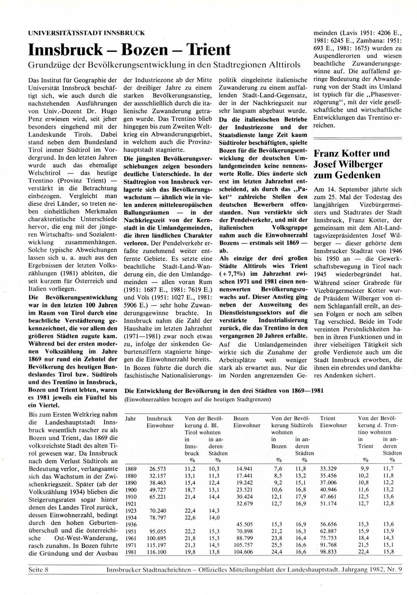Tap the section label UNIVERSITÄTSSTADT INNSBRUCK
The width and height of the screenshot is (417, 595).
click(x=86, y=33)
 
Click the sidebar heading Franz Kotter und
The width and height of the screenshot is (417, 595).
click(x=352, y=153)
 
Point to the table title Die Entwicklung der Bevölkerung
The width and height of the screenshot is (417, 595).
click(x=224, y=391)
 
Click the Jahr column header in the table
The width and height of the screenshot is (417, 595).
click(x=130, y=418)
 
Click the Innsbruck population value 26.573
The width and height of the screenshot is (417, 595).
click(x=158, y=469)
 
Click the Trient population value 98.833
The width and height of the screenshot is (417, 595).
click(x=328, y=552)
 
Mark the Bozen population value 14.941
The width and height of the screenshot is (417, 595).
click(x=244, y=469)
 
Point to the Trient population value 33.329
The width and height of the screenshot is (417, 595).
click(x=328, y=469)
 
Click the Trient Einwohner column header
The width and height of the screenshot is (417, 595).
click(x=333, y=422)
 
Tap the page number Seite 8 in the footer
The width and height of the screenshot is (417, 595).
click(x=38, y=570)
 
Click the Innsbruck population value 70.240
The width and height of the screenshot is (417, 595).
click(x=158, y=511)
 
